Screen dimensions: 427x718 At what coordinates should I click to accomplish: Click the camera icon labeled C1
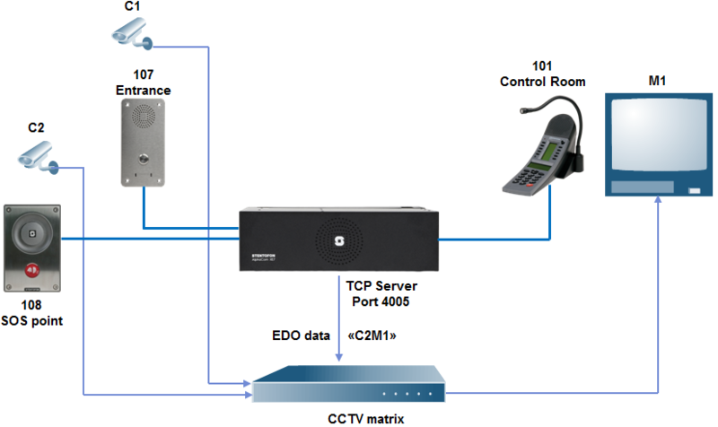[132, 34]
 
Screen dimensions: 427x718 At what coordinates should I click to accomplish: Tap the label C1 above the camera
[132, 6]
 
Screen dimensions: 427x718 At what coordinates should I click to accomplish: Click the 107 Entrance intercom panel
[144, 141]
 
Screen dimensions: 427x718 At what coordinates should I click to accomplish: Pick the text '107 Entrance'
[144, 84]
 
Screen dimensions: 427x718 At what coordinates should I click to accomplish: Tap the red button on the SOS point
[32, 267]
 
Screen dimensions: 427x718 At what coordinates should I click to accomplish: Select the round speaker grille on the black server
[339, 240]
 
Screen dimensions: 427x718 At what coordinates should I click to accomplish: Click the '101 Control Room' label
[542, 74]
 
